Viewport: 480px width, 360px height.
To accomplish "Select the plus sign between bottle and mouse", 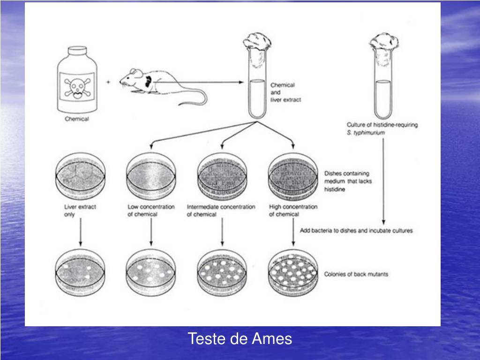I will (x=109, y=82).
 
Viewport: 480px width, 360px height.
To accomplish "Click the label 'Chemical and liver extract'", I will (x=283, y=92).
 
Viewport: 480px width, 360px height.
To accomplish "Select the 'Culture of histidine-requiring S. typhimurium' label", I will (x=382, y=128).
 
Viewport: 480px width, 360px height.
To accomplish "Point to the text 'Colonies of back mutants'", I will (x=356, y=274).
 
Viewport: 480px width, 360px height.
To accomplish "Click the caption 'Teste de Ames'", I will (x=240, y=338).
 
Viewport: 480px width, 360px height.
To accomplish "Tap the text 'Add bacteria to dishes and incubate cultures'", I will (x=356, y=231).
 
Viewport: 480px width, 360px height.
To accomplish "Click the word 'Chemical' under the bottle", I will (x=77, y=119).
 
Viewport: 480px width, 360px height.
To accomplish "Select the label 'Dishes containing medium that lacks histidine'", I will (x=348, y=181).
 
